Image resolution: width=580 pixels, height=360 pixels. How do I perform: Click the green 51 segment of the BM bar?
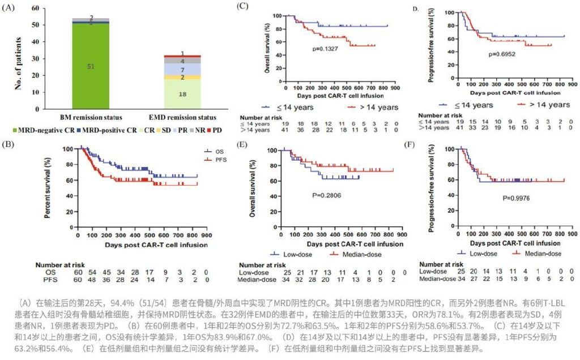click(x=91, y=66)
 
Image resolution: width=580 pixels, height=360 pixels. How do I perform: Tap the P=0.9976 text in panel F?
click(x=515, y=199)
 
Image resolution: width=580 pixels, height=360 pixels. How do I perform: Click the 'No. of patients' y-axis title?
click(x=19, y=58)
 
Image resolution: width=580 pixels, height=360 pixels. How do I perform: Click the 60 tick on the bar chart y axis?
click(x=35, y=10)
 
